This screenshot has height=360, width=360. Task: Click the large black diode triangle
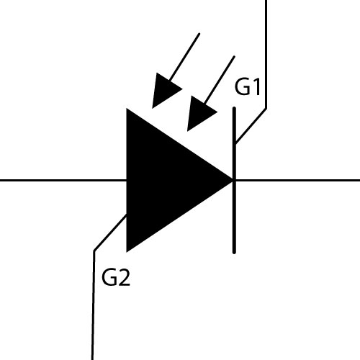(168, 180)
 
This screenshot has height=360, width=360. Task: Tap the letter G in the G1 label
(242, 87)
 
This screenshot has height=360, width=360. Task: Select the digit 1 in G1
(256, 87)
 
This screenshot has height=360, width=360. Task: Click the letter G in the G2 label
(109, 277)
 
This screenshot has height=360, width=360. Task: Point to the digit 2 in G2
(125, 277)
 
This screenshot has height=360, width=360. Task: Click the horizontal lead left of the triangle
(63, 180)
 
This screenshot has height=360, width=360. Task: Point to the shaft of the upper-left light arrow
(184, 57)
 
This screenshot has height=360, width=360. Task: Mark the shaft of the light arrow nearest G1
(220, 80)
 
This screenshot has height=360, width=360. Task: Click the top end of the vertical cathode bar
(234, 109)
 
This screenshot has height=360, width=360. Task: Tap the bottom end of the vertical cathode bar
(234, 252)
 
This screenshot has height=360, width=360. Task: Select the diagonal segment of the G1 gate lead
(251, 126)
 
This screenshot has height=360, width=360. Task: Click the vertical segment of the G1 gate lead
(266, 54)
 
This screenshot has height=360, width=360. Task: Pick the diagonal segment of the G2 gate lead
(110, 233)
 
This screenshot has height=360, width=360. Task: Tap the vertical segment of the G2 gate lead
(93, 305)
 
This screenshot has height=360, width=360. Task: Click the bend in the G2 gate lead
(94, 251)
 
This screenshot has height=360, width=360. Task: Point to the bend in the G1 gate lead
(266, 109)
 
